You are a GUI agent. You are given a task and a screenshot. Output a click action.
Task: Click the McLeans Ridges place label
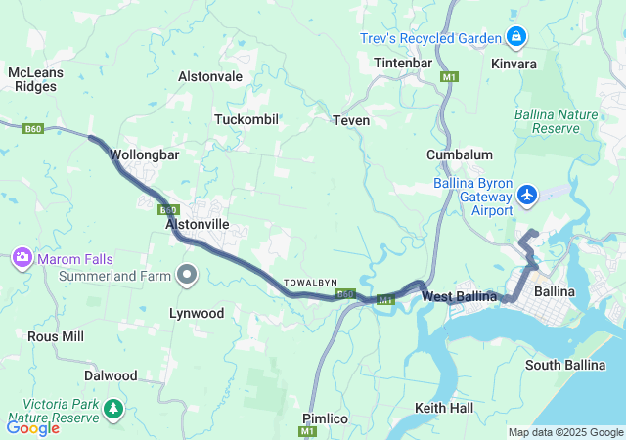click(x=35, y=79)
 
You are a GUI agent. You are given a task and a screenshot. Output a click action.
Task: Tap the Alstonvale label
click(x=209, y=75)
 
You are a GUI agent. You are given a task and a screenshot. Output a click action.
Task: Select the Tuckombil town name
click(x=246, y=119)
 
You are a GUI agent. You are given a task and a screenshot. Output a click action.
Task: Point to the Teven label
click(x=351, y=120)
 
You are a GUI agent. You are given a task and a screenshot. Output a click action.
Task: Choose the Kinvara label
click(x=514, y=64)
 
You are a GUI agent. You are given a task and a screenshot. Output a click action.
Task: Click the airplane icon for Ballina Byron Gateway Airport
click(x=528, y=195)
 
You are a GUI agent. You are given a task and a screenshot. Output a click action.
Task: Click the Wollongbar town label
click(x=143, y=154)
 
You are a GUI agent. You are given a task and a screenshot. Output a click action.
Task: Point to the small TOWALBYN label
click(x=310, y=283)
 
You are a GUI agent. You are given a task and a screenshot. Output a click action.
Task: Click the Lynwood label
click(x=197, y=314)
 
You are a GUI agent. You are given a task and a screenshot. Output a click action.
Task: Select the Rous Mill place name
click(x=56, y=336)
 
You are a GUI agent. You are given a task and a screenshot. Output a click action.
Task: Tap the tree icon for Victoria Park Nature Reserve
click(x=114, y=408)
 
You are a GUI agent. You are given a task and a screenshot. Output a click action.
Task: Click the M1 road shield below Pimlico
click(x=309, y=431)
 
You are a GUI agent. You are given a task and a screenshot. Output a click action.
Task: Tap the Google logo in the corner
click(x=33, y=427)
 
